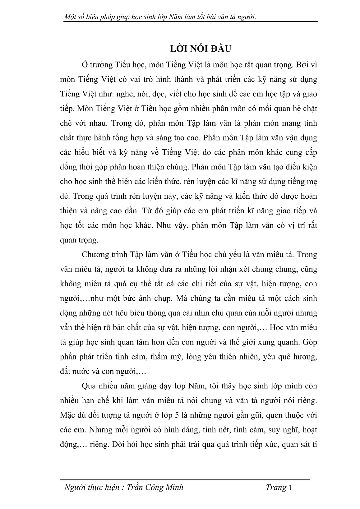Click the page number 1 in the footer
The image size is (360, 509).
pyautogui.click(x=290, y=488)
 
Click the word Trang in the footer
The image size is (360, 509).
pyautogui.click(x=276, y=488)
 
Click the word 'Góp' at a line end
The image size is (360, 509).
pyautogui.click(x=310, y=342)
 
